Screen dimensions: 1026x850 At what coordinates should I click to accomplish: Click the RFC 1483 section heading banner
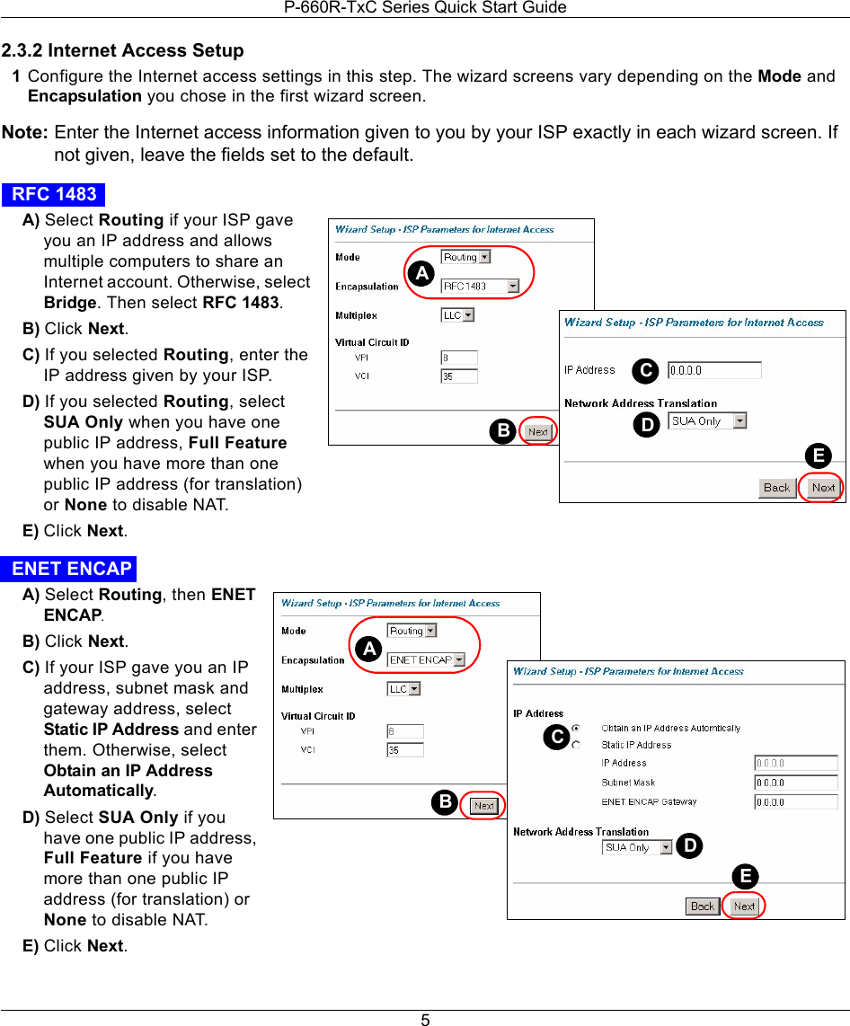[54, 194]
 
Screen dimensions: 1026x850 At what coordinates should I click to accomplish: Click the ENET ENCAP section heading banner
[71, 569]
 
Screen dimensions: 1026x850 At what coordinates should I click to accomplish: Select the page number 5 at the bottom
[425, 1020]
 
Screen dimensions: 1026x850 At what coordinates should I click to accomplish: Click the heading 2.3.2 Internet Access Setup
[123, 50]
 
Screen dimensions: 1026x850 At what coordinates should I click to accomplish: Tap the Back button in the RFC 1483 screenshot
[776, 488]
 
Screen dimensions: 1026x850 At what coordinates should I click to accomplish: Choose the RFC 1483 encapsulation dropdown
[480, 287]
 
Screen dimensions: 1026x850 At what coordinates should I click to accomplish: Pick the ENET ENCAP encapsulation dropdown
[426, 660]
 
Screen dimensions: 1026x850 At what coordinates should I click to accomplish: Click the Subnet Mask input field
[795, 783]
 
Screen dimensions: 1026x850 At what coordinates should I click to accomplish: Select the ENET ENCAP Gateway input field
[795, 802]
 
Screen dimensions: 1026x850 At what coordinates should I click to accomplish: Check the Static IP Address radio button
[576, 745]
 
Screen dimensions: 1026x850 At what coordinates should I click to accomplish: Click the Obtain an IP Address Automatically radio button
[576, 728]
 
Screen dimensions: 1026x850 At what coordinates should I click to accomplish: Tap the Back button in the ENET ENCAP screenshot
[703, 906]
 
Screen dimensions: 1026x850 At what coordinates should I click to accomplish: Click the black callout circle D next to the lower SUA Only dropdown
[688, 846]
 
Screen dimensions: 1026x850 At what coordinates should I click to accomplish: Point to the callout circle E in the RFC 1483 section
[818, 456]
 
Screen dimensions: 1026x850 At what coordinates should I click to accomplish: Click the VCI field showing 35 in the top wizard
[458, 376]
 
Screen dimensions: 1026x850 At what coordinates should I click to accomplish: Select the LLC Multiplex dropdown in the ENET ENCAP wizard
[403, 689]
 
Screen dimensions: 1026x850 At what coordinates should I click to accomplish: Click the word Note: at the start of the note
[25, 133]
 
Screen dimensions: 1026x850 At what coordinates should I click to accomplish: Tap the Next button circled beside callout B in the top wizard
[537, 431]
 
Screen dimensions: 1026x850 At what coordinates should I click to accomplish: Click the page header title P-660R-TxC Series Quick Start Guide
[425, 8]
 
